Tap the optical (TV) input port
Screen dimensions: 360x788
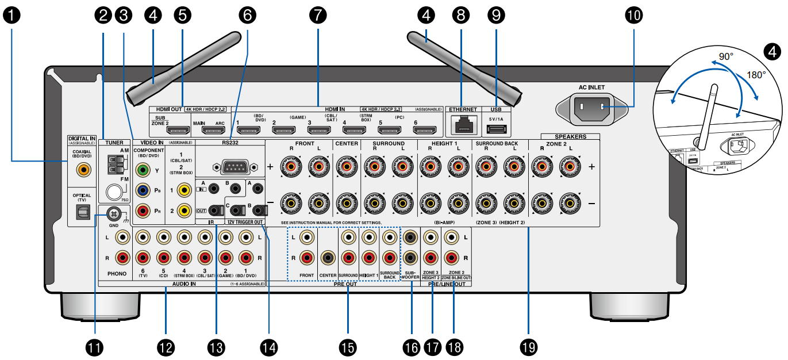point(82,212)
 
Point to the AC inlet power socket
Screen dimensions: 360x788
point(591,107)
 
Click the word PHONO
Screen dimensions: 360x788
point(117,274)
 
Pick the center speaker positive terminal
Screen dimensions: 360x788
point(347,168)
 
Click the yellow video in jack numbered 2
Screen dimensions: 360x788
point(184,211)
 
